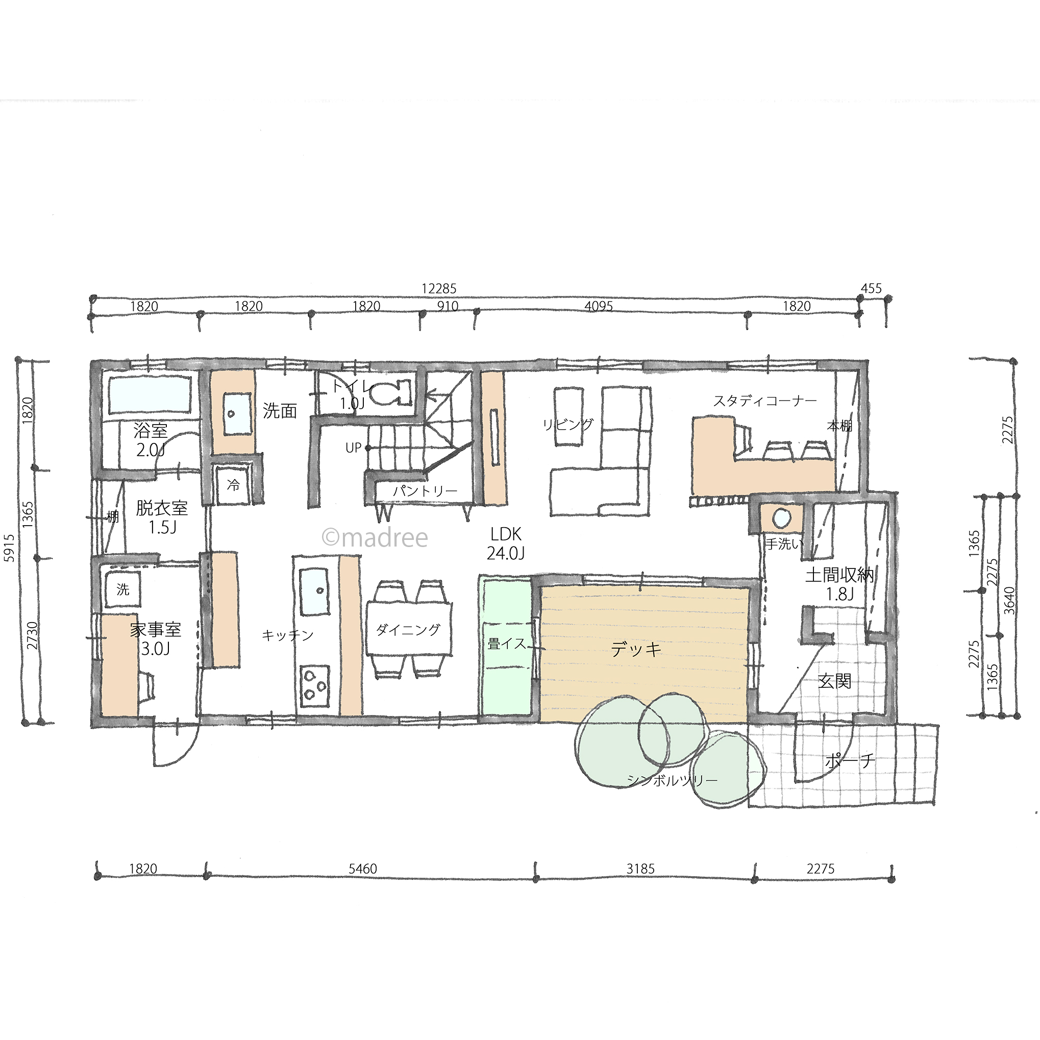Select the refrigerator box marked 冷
pyautogui.click(x=233, y=484)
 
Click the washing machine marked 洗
pyautogui.click(x=123, y=589)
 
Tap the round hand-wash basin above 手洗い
pyautogui.click(x=781, y=518)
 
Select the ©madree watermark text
pyautogui.click(x=375, y=537)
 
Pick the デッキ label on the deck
pyautogui.click(x=636, y=650)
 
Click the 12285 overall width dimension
pyautogui.click(x=439, y=289)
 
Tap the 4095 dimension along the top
pyautogui.click(x=599, y=306)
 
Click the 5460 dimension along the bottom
pyautogui.click(x=363, y=869)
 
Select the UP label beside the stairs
pyautogui.click(x=353, y=448)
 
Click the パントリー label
pyautogui.click(x=425, y=491)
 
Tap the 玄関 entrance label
pyautogui.click(x=834, y=681)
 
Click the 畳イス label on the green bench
pyautogui.click(x=507, y=643)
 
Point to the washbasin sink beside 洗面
pyautogui.click(x=237, y=414)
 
